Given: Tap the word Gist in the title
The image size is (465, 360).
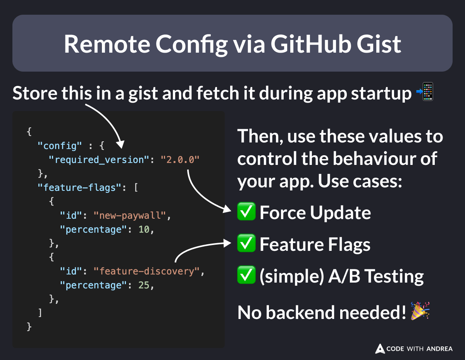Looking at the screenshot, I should click(380, 44).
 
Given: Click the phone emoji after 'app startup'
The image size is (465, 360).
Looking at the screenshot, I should click(426, 93).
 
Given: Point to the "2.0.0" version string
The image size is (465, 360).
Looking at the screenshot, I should click(181, 159).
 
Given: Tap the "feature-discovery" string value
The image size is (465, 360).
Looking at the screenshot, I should click(149, 271).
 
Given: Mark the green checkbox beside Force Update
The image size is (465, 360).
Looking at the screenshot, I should click(246, 213).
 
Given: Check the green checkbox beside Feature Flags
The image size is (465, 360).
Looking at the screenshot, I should click(246, 244).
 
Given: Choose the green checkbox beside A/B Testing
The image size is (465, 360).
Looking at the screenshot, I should click(246, 276).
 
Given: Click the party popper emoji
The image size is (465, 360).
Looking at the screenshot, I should click(420, 312).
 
